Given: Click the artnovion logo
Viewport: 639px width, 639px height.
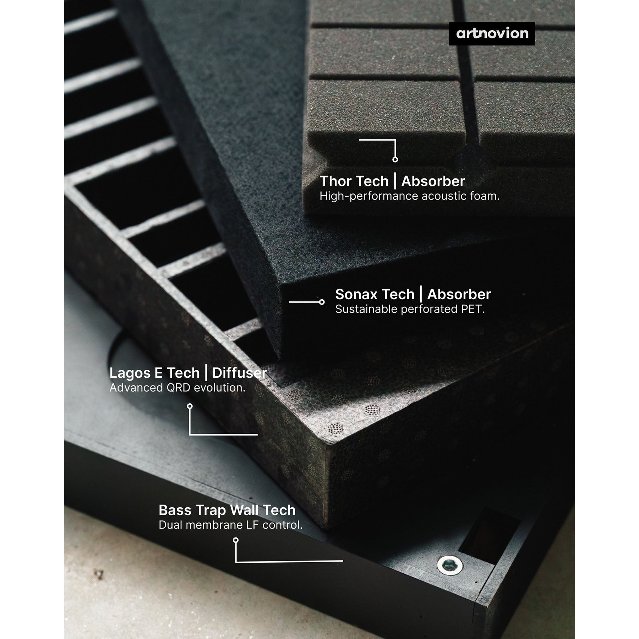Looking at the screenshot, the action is pos(492,33).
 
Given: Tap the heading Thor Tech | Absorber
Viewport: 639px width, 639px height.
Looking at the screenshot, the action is pos(392,181).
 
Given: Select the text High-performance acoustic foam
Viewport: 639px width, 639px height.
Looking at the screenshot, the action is pos(409,196).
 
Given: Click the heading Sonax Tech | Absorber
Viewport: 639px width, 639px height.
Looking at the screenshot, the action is pos(413,294).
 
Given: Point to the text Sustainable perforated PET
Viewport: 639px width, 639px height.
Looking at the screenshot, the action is pos(410,309).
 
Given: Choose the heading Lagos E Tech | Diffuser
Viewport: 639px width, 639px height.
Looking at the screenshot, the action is pos(188,373).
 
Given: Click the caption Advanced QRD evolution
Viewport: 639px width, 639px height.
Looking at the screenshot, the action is pos(177,388).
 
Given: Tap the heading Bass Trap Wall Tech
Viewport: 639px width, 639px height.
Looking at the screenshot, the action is pos(227,510).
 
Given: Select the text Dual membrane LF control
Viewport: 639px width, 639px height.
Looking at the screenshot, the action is pos(230,525).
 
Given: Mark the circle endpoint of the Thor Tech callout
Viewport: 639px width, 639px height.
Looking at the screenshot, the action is pos(395,159).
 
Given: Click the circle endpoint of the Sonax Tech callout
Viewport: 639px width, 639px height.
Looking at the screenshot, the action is pos(322,302).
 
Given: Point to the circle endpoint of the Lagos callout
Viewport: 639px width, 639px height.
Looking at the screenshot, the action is pos(190,406).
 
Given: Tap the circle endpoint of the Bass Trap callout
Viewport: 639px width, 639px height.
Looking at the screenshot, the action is pos(236,540).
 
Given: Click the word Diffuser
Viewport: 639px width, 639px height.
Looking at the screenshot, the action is pos(240,373).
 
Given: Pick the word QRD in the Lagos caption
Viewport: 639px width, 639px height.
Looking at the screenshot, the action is pos(176,388).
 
